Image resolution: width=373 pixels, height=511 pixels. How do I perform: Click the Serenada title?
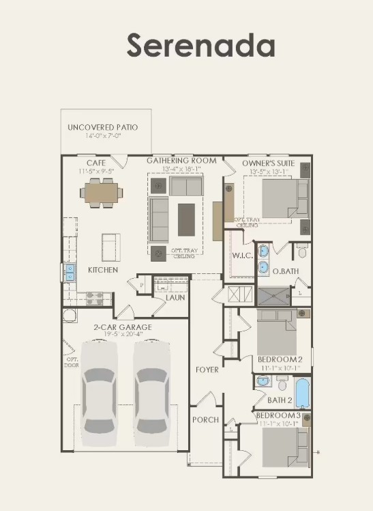pos(200,45)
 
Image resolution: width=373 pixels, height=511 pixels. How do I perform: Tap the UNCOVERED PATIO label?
pos(102,128)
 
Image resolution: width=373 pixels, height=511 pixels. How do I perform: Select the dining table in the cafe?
pos(102,193)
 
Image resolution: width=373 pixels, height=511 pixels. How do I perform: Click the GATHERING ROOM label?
pos(181,161)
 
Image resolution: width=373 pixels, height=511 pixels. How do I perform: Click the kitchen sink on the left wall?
pos(70,273)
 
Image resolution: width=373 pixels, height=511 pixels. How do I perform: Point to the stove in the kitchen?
pos(94,298)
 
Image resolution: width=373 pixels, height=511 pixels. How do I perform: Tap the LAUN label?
pos(175,298)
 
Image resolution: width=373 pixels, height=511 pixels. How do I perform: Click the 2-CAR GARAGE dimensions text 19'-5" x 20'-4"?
pos(123,335)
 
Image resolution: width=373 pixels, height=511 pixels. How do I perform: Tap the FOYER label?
pos(207,370)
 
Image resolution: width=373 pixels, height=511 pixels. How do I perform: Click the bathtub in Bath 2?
pos(302,395)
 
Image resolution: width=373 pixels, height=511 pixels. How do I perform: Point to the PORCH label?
pos(205,419)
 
